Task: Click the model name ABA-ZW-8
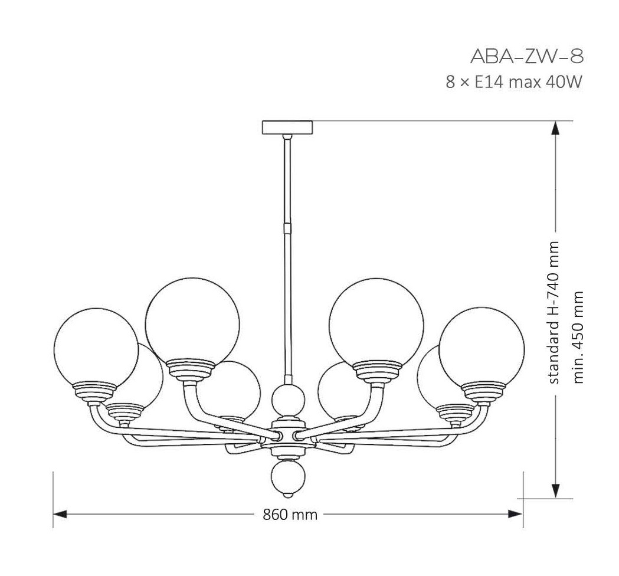526,57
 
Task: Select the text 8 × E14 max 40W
514,83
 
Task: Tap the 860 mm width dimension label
290,515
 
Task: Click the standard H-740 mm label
554,312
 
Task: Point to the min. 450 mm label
578,338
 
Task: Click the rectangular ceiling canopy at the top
287,127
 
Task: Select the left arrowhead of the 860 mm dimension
60,514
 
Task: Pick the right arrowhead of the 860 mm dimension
516,514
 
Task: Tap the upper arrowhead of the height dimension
555,128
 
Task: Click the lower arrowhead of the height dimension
555,491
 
